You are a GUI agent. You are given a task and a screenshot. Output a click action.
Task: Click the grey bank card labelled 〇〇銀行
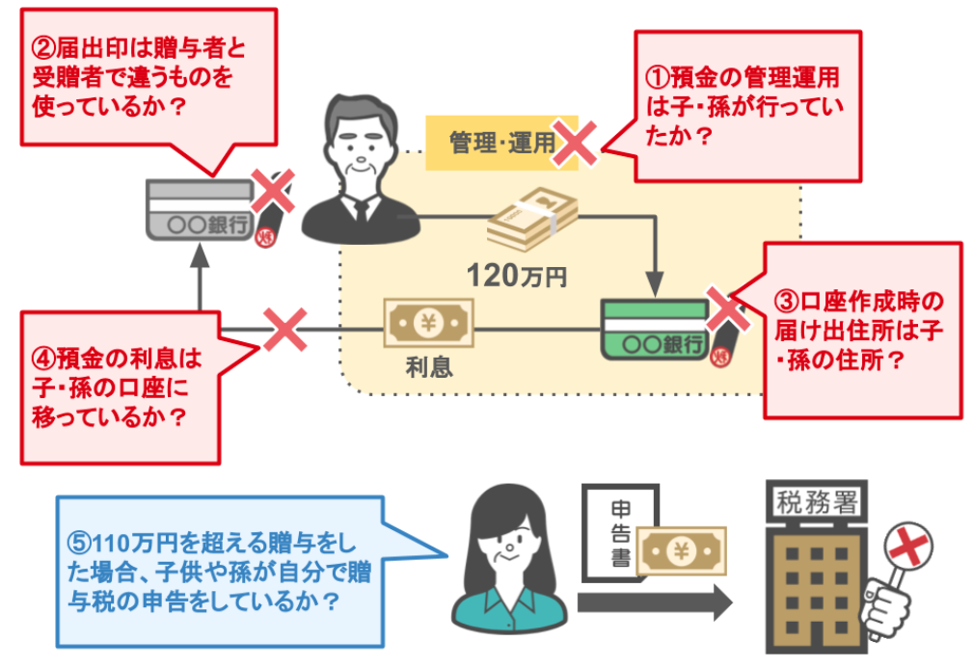point(198,209)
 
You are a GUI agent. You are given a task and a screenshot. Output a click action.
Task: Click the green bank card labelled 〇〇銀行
point(655,330)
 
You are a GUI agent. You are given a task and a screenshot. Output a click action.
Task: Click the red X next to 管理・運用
point(576,144)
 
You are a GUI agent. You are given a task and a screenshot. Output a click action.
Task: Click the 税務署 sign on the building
point(809,500)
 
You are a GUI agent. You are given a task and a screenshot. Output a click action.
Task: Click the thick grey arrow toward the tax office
point(655,604)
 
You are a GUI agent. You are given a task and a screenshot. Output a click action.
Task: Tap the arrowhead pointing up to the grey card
point(200,254)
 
